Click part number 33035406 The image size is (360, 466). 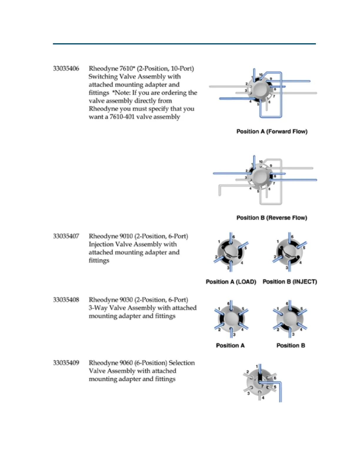(66, 69)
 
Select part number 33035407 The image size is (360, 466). (66, 236)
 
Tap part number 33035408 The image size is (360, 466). (66, 300)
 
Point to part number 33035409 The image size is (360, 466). (66, 363)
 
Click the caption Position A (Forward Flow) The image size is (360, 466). (272, 132)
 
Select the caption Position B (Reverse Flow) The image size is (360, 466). (272, 218)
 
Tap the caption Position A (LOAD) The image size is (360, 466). (231, 282)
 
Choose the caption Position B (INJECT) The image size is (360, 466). (290, 282)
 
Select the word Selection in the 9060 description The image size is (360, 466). (181, 363)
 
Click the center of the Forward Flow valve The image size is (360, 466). (259, 90)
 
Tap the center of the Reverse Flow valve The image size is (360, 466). (259, 177)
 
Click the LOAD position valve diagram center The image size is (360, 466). (231, 252)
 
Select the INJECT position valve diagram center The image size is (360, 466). (289, 252)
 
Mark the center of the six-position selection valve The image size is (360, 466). (260, 382)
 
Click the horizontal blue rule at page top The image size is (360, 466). (184, 44)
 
